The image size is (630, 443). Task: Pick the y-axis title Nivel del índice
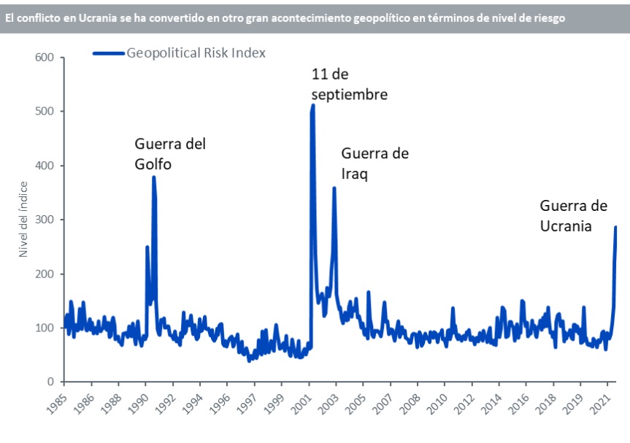click(24, 219)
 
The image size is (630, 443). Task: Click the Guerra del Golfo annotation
click(170, 153)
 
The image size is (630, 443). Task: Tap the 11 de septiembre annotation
click(349, 84)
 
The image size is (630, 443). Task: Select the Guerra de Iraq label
click(374, 163)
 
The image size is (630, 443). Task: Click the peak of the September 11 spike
click(313, 106)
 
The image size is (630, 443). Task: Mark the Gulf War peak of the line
click(154, 177)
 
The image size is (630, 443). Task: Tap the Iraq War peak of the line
click(334, 188)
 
